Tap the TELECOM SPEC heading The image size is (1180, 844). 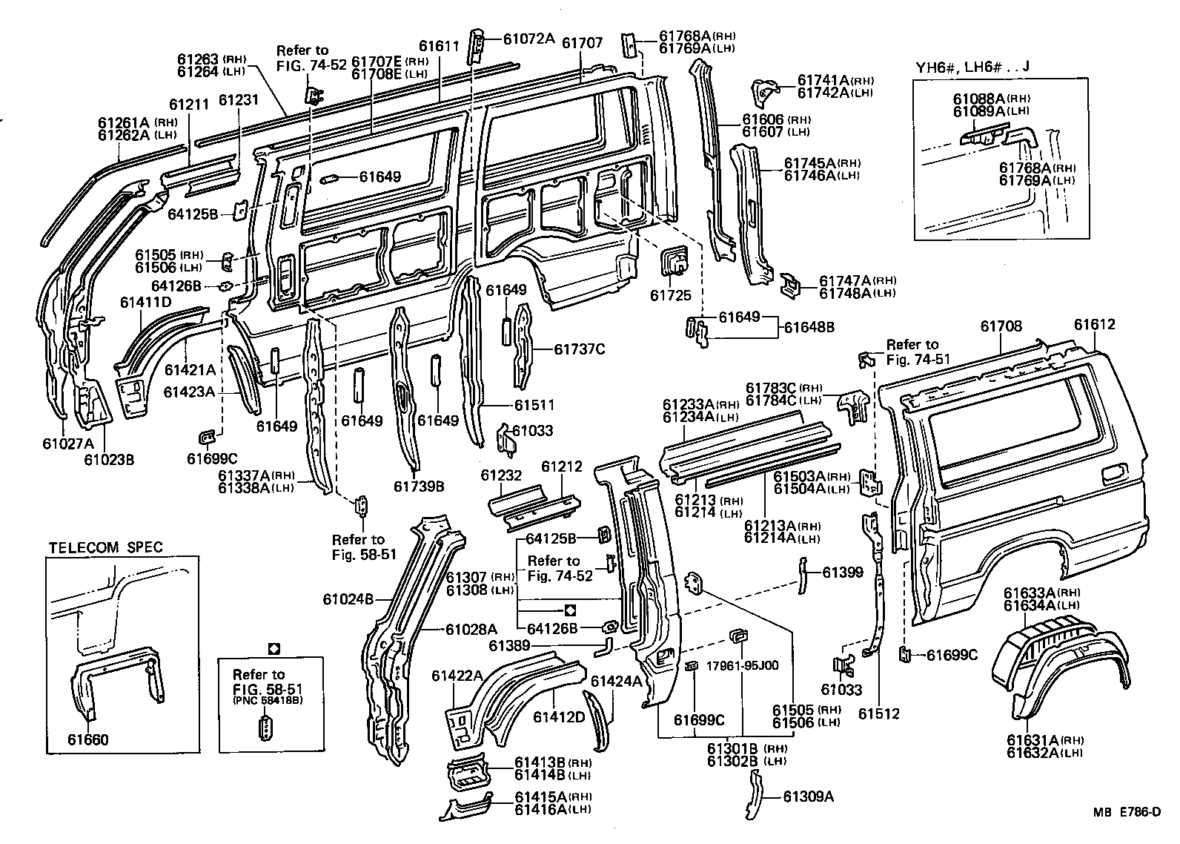click(105, 548)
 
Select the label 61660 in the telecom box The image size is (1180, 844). click(87, 739)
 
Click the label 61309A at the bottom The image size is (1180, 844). click(809, 797)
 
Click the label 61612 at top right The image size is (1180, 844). click(1094, 325)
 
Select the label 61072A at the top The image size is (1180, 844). click(528, 39)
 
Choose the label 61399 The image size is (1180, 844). click(843, 572)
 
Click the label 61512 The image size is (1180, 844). click(879, 713)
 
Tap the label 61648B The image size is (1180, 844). click(809, 326)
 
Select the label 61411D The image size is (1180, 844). click(145, 302)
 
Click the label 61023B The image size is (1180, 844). click(108, 460)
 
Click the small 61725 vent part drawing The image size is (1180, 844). click(673, 265)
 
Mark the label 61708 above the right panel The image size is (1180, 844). click(1001, 325)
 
